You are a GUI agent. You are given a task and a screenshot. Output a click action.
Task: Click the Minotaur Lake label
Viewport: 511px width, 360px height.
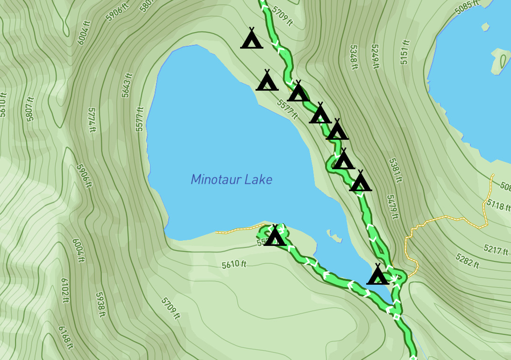[x=231, y=180]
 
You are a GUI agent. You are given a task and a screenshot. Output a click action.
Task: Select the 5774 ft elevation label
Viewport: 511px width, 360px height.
[x=91, y=120]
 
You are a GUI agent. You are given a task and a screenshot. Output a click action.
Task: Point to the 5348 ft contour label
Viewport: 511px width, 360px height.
[x=354, y=57]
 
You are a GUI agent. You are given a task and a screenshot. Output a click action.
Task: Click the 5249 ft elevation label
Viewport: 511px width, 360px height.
[x=375, y=57]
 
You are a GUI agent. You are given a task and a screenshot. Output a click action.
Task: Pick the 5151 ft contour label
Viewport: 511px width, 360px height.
[x=405, y=52]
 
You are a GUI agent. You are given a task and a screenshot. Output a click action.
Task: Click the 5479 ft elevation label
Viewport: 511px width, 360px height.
[x=392, y=207]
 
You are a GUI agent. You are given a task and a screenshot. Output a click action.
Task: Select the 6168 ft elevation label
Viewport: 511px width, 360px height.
[x=66, y=337]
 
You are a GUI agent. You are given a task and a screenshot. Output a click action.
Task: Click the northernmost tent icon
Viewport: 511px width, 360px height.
[x=251, y=39]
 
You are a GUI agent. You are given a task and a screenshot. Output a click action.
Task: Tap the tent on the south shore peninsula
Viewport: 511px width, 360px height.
[x=275, y=236]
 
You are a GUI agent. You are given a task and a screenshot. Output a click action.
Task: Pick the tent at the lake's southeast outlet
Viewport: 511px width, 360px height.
[x=377, y=275]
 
